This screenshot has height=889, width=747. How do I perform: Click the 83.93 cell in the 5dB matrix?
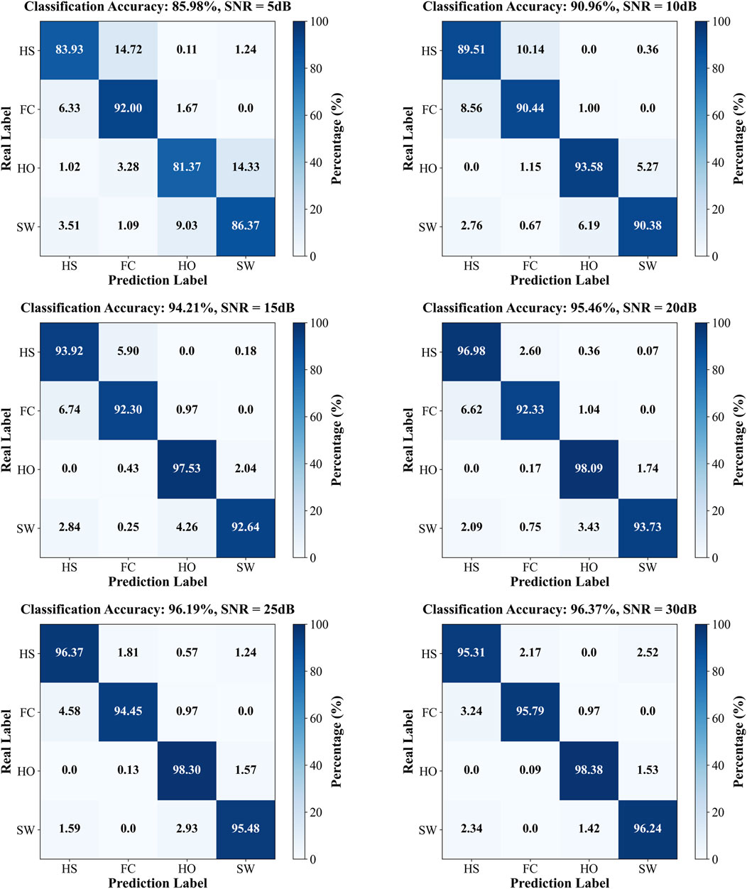point(70,50)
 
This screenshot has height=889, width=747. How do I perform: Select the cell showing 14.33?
point(245,168)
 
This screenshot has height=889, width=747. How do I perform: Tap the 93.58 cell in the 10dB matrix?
point(589,168)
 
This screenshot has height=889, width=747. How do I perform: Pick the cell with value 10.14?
point(530,50)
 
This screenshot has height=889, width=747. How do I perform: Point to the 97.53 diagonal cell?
point(187,469)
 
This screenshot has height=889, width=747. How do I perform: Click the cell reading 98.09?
point(589,469)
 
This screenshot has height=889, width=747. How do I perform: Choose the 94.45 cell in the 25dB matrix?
point(128,711)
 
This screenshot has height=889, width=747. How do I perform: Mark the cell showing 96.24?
point(647,829)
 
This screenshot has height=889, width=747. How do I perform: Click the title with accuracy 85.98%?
point(158,7)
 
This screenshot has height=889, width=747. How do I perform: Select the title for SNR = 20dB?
point(560,308)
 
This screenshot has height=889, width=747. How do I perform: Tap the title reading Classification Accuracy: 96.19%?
point(158,609)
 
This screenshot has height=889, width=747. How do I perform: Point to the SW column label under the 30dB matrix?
point(647,868)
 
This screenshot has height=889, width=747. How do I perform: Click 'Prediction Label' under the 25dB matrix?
point(158,882)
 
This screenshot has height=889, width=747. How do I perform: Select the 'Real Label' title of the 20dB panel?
point(408,440)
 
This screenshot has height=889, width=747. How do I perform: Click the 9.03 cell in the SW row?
point(187,227)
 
